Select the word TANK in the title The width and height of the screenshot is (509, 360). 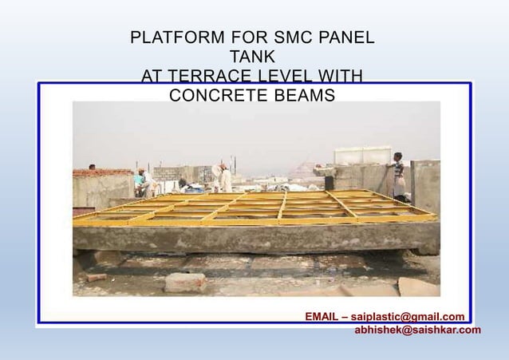coord(252,57)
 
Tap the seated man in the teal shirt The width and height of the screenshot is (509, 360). coord(144,183)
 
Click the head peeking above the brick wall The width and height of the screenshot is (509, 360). coord(93,167)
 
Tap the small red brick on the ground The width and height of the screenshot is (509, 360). coord(97,277)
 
